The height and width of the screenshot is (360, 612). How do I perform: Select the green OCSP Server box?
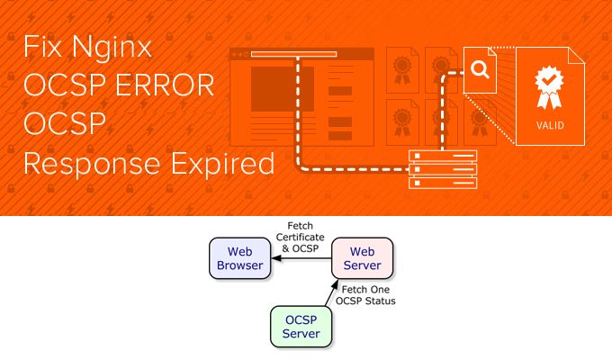(x=301, y=326)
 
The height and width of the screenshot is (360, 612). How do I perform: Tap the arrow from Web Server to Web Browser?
(x=301, y=258)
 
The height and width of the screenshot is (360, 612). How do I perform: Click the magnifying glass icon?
(x=481, y=70)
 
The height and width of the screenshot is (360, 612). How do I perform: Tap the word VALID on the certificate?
(x=547, y=125)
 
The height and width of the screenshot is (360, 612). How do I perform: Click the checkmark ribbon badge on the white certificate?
(x=547, y=86)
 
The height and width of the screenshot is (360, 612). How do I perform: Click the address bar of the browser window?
(x=293, y=54)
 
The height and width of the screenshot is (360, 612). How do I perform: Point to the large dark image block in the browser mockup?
(x=282, y=89)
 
